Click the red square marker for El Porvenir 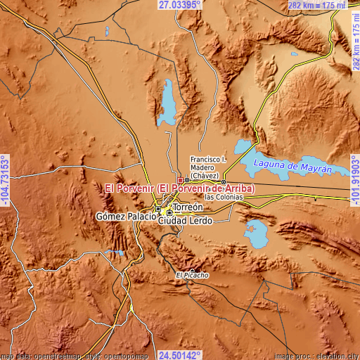point(180,180)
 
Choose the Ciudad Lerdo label point(186,221)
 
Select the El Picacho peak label point(193,275)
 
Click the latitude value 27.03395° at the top point(179,5)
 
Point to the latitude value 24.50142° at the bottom point(181,354)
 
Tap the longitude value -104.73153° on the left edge point(6,180)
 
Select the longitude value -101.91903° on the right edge point(354,180)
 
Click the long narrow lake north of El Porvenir point(168,99)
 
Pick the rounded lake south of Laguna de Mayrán point(254,234)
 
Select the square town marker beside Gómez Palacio point(159,209)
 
